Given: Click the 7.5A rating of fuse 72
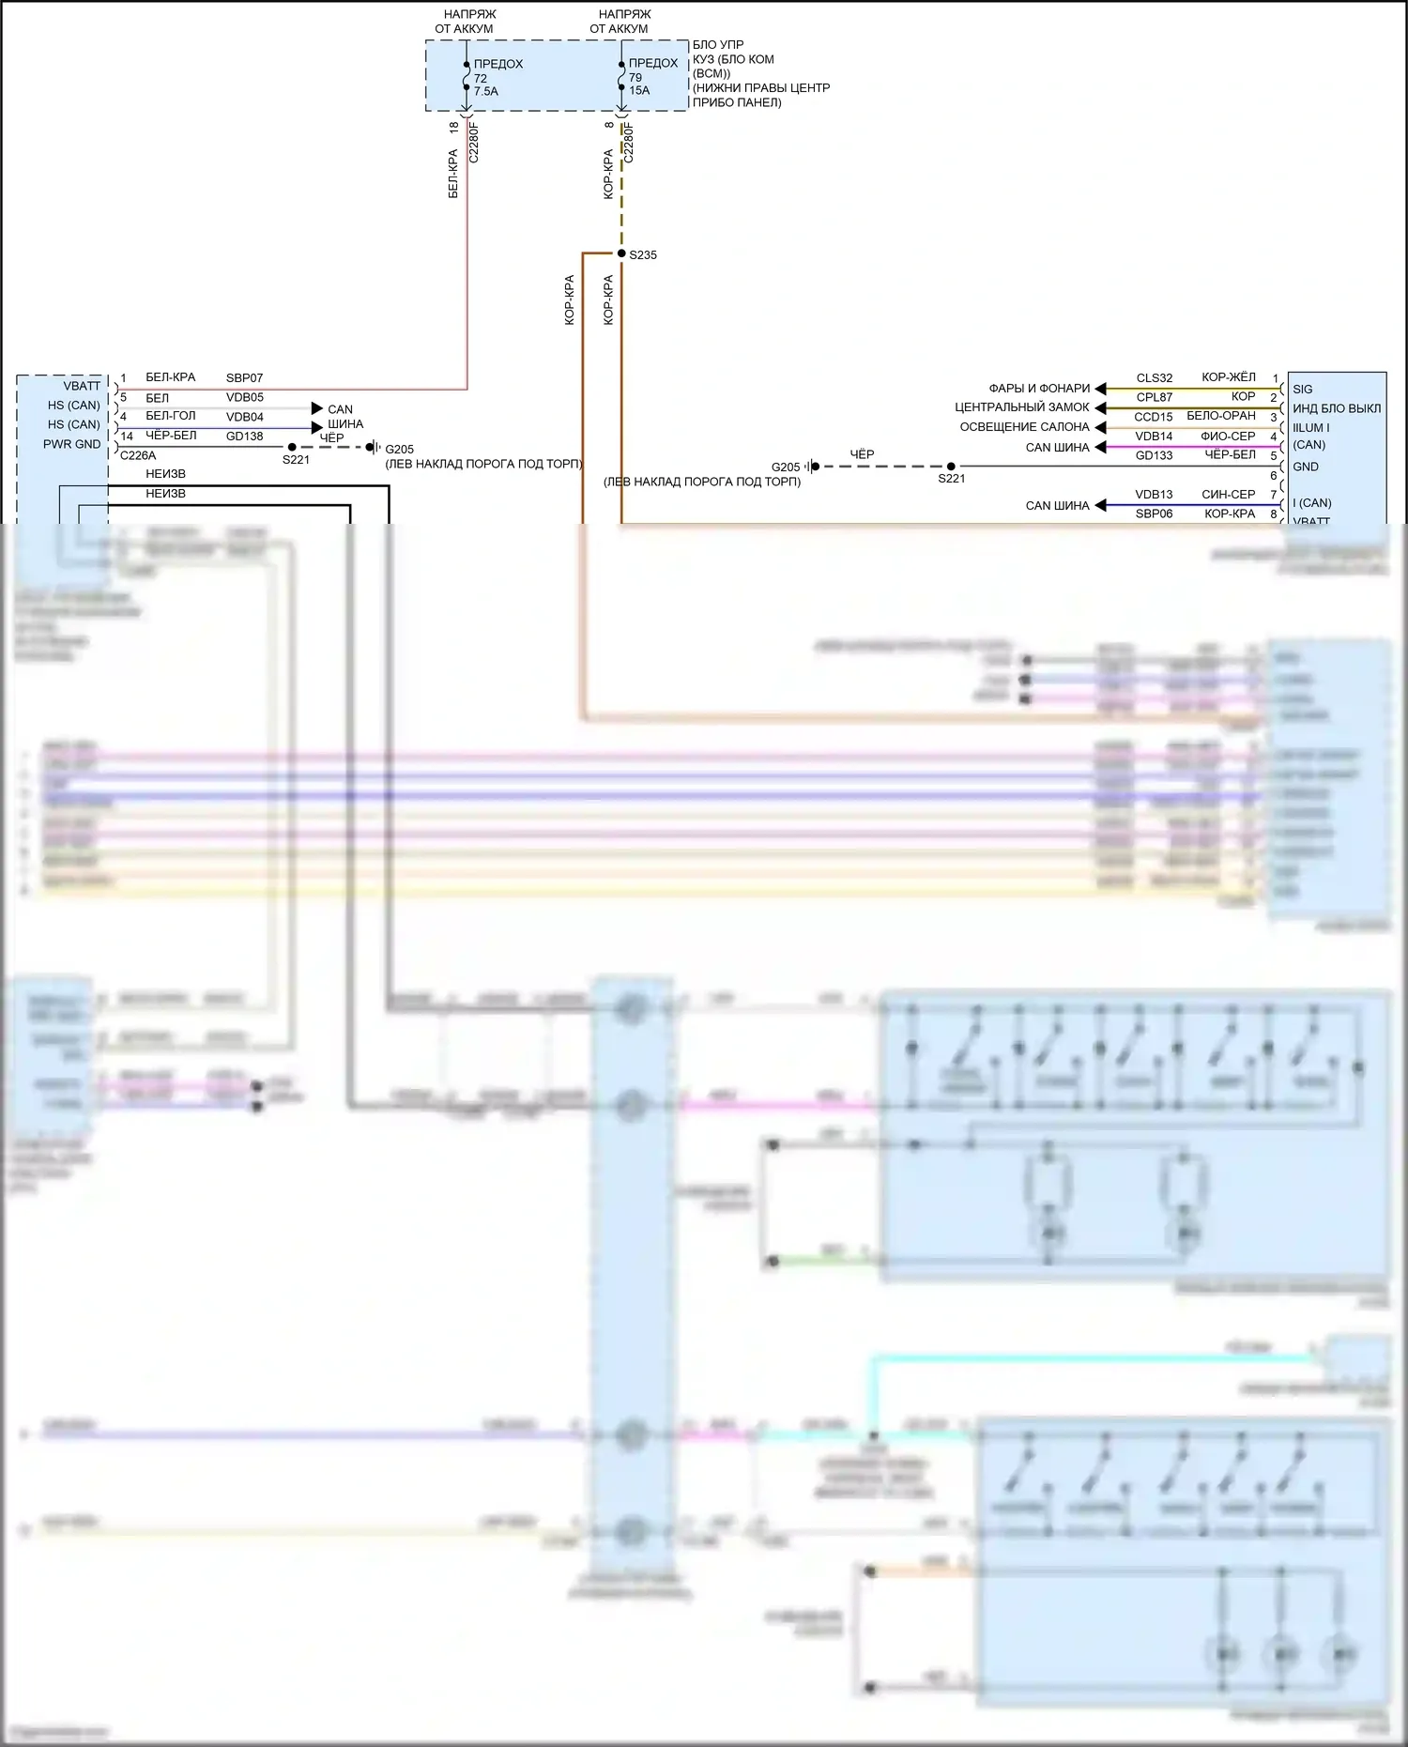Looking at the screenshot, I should coord(485,92).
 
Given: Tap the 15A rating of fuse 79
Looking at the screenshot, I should coord(639,91).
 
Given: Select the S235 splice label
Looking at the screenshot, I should coord(643,255).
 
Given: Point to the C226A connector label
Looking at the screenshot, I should coord(138,456).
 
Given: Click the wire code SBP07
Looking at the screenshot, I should coord(244,378).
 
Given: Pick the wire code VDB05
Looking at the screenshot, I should coord(244,398).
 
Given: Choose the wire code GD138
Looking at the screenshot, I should coord(244,437).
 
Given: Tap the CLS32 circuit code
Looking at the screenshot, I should coord(1154,378).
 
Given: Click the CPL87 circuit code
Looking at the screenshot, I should coord(1154,398).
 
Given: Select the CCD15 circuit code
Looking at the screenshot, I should coord(1153,417).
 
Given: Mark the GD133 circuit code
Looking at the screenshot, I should coord(1154,455).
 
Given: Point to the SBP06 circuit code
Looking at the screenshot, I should coord(1154,514).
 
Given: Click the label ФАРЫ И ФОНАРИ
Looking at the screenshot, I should coord(1039,389).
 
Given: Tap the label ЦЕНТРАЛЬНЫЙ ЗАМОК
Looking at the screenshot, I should coord(1021,407).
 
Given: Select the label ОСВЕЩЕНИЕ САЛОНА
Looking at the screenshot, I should coord(1024,427).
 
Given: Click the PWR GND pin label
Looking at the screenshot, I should coord(71,445).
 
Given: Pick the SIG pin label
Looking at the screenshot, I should coord(1302,390).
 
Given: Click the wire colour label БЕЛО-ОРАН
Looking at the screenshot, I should coord(1220,416).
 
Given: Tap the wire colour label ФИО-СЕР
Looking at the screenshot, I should coord(1228,437).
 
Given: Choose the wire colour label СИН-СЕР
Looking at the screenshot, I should coord(1228,495).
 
